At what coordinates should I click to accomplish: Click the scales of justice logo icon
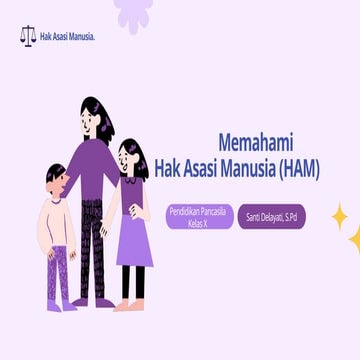[27, 37]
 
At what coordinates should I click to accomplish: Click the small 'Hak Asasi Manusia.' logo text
[67, 37]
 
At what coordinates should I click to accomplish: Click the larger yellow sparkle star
[339, 215]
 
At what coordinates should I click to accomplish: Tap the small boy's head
[57, 180]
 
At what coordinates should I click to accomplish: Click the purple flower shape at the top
[132, 12]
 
